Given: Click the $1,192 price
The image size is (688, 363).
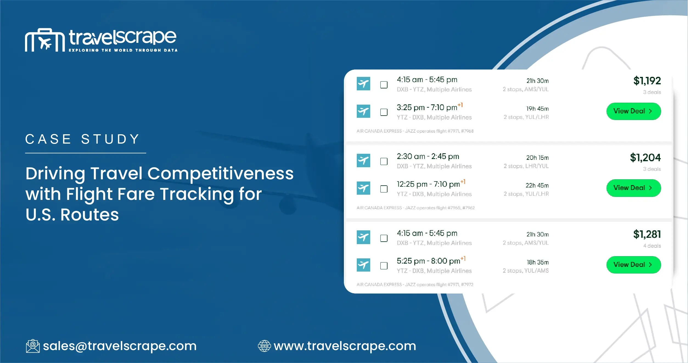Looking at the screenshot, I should (x=647, y=81).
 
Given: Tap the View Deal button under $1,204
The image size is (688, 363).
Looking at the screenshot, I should (x=633, y=188).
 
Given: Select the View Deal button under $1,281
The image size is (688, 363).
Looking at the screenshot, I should (x=633, y=265).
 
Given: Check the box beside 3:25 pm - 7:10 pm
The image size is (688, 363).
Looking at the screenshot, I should (x=384, y=112).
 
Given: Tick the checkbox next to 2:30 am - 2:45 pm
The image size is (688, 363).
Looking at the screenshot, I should (x=384, y=161).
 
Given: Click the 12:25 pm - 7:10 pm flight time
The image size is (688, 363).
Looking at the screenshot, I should (x=428, y=184).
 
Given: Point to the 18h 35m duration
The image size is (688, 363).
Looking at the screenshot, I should (x=537, y=262).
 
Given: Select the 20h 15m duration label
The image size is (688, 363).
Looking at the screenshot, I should (x=537, y=158).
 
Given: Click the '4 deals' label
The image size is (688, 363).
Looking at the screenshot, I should (x=652, y=246).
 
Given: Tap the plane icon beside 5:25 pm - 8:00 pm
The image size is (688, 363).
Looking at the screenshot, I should (x=363, y=265).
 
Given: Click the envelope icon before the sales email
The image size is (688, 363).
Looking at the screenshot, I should (x=33, y=346).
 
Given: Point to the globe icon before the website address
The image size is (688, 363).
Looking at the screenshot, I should (x=264, y=346).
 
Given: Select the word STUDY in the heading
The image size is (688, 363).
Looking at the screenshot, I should (x=110, y=139).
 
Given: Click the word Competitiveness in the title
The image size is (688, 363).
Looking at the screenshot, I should (x=220, y=174).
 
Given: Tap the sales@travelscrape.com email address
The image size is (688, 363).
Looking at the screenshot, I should (x=120, y=346).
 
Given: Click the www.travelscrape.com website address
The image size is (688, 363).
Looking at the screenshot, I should (x=345, y=346).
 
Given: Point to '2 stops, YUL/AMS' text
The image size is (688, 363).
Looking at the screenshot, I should (x=526, y=271).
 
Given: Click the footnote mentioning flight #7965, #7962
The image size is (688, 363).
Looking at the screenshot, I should (x=415, y=208).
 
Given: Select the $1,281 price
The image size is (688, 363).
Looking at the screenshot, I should (x=647, y=234).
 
